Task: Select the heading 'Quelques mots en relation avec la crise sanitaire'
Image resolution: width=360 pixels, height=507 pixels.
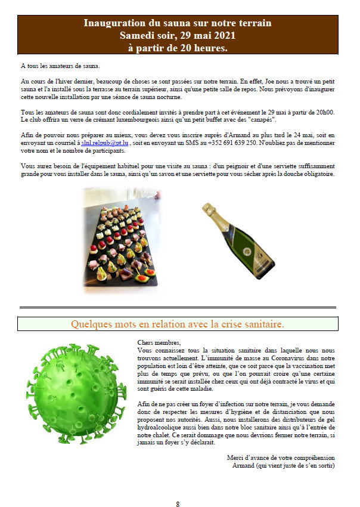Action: [178, 324]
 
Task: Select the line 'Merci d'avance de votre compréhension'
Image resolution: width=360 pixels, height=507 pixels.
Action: [281, 457]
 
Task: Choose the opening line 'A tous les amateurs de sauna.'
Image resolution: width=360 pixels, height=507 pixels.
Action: [60, 66]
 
